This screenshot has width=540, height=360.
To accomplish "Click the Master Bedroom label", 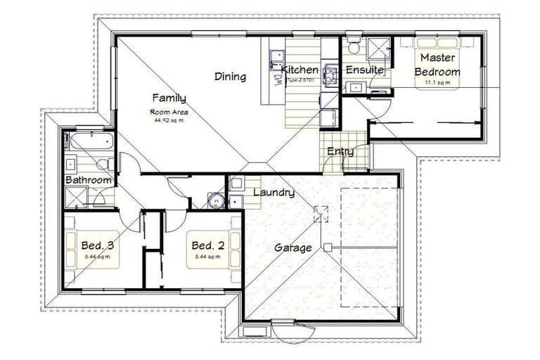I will click(x=437, y=65).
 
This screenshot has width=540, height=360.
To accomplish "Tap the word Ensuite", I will click(x=364, y=70).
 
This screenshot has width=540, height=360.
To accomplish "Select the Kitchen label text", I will click(x=300, y=70).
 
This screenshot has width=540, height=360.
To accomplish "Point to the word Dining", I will click(x=230, y=77).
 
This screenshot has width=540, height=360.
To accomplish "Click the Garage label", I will click(x=292, y=247).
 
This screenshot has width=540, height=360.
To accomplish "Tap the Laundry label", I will click(x=273, y=193).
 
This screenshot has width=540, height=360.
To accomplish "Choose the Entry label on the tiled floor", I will click(x=340, y=151).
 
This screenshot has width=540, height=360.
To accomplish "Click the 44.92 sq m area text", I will click(x=168, y=120).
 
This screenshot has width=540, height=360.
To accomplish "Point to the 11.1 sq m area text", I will click(x=437, y=83).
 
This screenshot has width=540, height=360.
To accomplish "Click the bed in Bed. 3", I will click(x=91, y=250).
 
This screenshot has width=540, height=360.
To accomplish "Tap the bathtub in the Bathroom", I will click(x=91, y=142).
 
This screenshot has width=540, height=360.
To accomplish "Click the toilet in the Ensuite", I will click(x=354, y=46).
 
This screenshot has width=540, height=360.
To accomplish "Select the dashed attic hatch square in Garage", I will click(x=321, y=213).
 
